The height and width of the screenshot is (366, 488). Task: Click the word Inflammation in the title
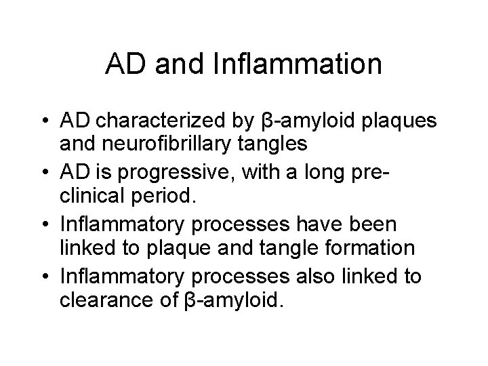coord(297,64)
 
